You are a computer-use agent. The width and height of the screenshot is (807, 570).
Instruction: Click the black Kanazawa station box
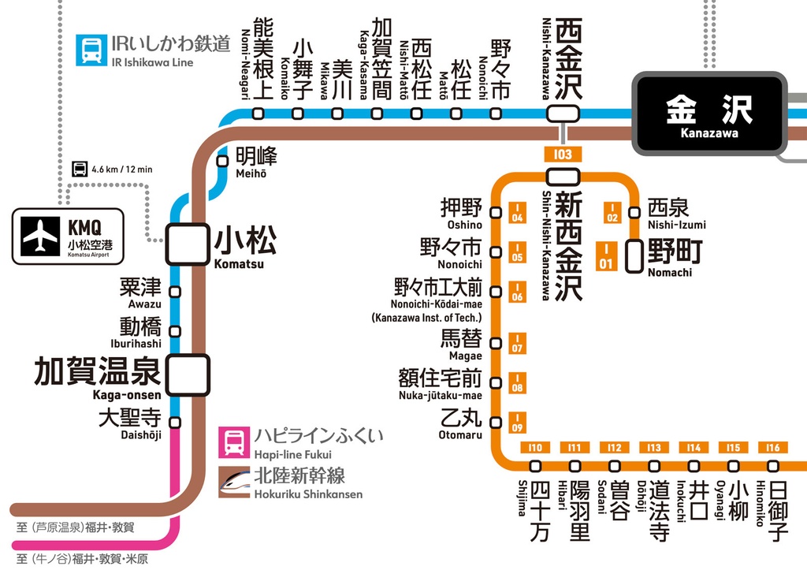pyautogui.click(x=709, y=114)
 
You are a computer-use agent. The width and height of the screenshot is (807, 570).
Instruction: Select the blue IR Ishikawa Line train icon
pyautogui.click(x=90, y=50)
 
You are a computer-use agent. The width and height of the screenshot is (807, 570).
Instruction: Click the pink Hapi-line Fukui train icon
pyautogui.click(x=233, y=441)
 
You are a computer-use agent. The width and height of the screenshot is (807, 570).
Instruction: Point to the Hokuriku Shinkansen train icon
pyautogui.click(x=233, y=481)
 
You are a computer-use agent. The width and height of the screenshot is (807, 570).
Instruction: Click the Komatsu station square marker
pyautogui.click(x=187, y=244)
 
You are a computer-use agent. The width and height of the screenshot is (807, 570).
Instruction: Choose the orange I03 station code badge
pyautogui.click(x=563, y=155)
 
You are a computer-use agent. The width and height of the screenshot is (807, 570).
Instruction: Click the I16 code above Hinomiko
pyautogui.click(x=772, y=448)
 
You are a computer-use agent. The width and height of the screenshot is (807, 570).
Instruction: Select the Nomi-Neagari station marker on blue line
pyautogui.click(x=258, y=114)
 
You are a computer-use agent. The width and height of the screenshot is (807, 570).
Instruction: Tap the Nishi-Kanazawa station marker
pyautogui.click(x=563, y=114)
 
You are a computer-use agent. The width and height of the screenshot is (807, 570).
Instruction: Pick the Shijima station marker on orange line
pyautogui.click(x=536, y=466)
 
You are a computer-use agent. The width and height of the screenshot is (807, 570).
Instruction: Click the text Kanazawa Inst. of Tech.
pyautogui.click(x=426, y=318)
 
